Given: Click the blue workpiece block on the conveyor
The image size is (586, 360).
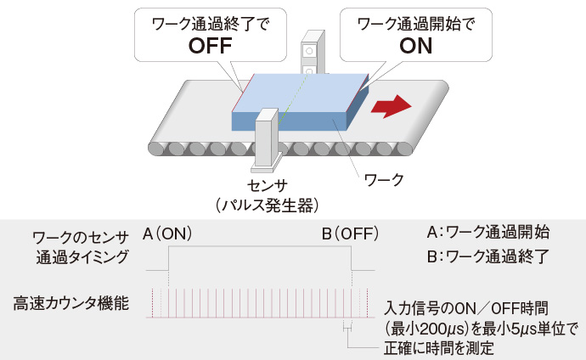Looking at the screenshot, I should (x=297, y=102).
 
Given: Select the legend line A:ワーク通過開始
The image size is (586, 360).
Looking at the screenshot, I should (x=487, y=231).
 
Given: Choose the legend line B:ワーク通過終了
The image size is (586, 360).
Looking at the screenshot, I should (x=487, y=254).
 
